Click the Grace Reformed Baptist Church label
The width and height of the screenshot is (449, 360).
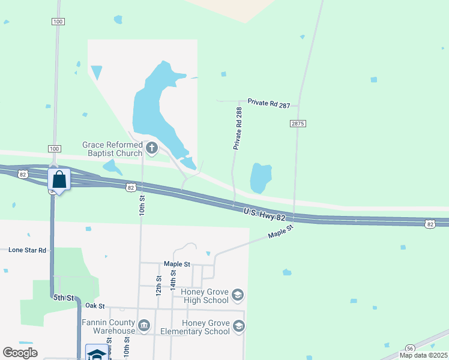point(112,149)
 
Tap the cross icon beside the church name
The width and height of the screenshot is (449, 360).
point(152,148)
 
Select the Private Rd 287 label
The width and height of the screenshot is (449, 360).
point(268,104)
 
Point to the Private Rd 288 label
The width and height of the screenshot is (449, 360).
point(238,128)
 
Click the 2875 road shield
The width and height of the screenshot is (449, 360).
point(298,123)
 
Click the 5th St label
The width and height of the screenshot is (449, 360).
point(63,298)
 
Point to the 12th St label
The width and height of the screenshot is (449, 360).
point(159,286)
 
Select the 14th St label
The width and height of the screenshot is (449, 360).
point(173,280)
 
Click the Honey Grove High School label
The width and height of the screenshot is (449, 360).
point(204,296)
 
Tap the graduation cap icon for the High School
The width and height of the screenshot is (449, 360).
point(238,295)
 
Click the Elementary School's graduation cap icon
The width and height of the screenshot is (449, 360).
point(238,326)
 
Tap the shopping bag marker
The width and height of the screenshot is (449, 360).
point(59,179)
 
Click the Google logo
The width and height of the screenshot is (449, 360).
point(20,353)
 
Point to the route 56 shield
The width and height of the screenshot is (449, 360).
point(410,348)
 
